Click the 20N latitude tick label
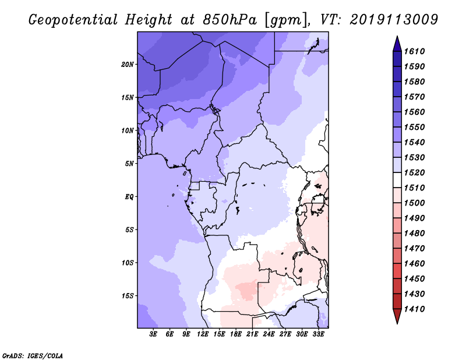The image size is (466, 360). point(128,64)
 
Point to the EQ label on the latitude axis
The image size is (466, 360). point(129,196)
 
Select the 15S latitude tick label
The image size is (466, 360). point(128,296)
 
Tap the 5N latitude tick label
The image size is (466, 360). point(129,164)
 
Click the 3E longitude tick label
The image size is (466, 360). point(154,334)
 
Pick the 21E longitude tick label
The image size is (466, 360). point(253,334)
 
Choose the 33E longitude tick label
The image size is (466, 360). point(319,334)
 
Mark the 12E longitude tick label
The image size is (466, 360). point(203,334)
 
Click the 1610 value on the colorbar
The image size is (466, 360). point(416,51)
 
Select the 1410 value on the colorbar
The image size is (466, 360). point(416,309)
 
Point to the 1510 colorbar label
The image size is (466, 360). point(416,188)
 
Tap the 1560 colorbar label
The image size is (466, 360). point(416,112)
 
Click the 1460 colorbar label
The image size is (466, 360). point(416,263)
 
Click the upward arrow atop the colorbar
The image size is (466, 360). point(397,43)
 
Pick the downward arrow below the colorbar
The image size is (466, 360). point(397,316)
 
